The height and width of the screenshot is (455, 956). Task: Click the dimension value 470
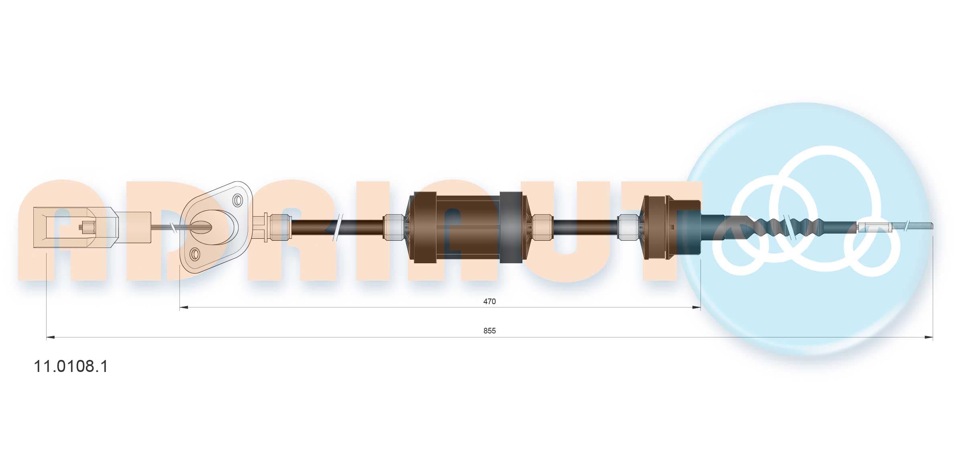point(489,301)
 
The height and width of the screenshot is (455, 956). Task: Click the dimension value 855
point(489,331)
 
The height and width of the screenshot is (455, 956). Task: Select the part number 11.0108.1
point(71,366)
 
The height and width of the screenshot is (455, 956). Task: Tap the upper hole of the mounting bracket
point(238,199)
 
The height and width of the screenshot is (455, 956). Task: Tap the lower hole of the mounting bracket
point(195,254)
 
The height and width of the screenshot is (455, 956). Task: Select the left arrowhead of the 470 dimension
point(184,307)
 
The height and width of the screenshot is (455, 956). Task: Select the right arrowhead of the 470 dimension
point(696,307)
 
